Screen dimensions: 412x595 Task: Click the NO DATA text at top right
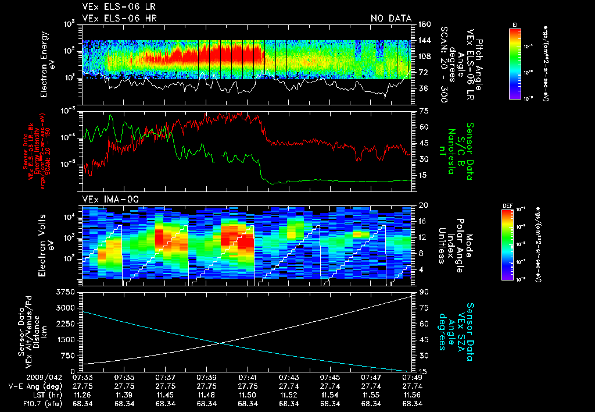coord(390,18)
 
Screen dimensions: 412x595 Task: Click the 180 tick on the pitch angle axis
coord(424,24)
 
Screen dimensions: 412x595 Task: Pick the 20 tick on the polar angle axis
coord(424,205)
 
